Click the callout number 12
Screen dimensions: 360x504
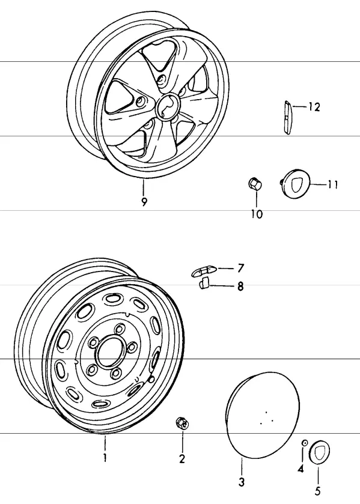pos(314,107)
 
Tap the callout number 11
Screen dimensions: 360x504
pos(332,185)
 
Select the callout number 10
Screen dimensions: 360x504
pos(257,214)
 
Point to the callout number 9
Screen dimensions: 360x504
pos(144,202)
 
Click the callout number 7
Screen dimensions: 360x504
pos(240,268)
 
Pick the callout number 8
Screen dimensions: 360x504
pos(240,286)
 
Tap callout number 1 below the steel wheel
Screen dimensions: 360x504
pos(105,458)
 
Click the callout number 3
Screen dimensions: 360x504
pos(241,482)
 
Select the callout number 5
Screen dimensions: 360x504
pos(317,491)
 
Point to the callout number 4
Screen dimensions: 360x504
pos(301,469)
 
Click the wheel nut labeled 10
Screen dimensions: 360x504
pos(255,184)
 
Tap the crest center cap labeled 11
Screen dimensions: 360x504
pos(294,184)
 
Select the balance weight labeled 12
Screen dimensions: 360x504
pos(287,118)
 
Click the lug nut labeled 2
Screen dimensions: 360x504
pos(183,423)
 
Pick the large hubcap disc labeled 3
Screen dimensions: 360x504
pos(263,415)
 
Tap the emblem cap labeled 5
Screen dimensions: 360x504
pos(319,452)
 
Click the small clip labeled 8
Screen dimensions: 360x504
pos(204,283)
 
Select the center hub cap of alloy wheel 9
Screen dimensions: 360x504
pos(168,107)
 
